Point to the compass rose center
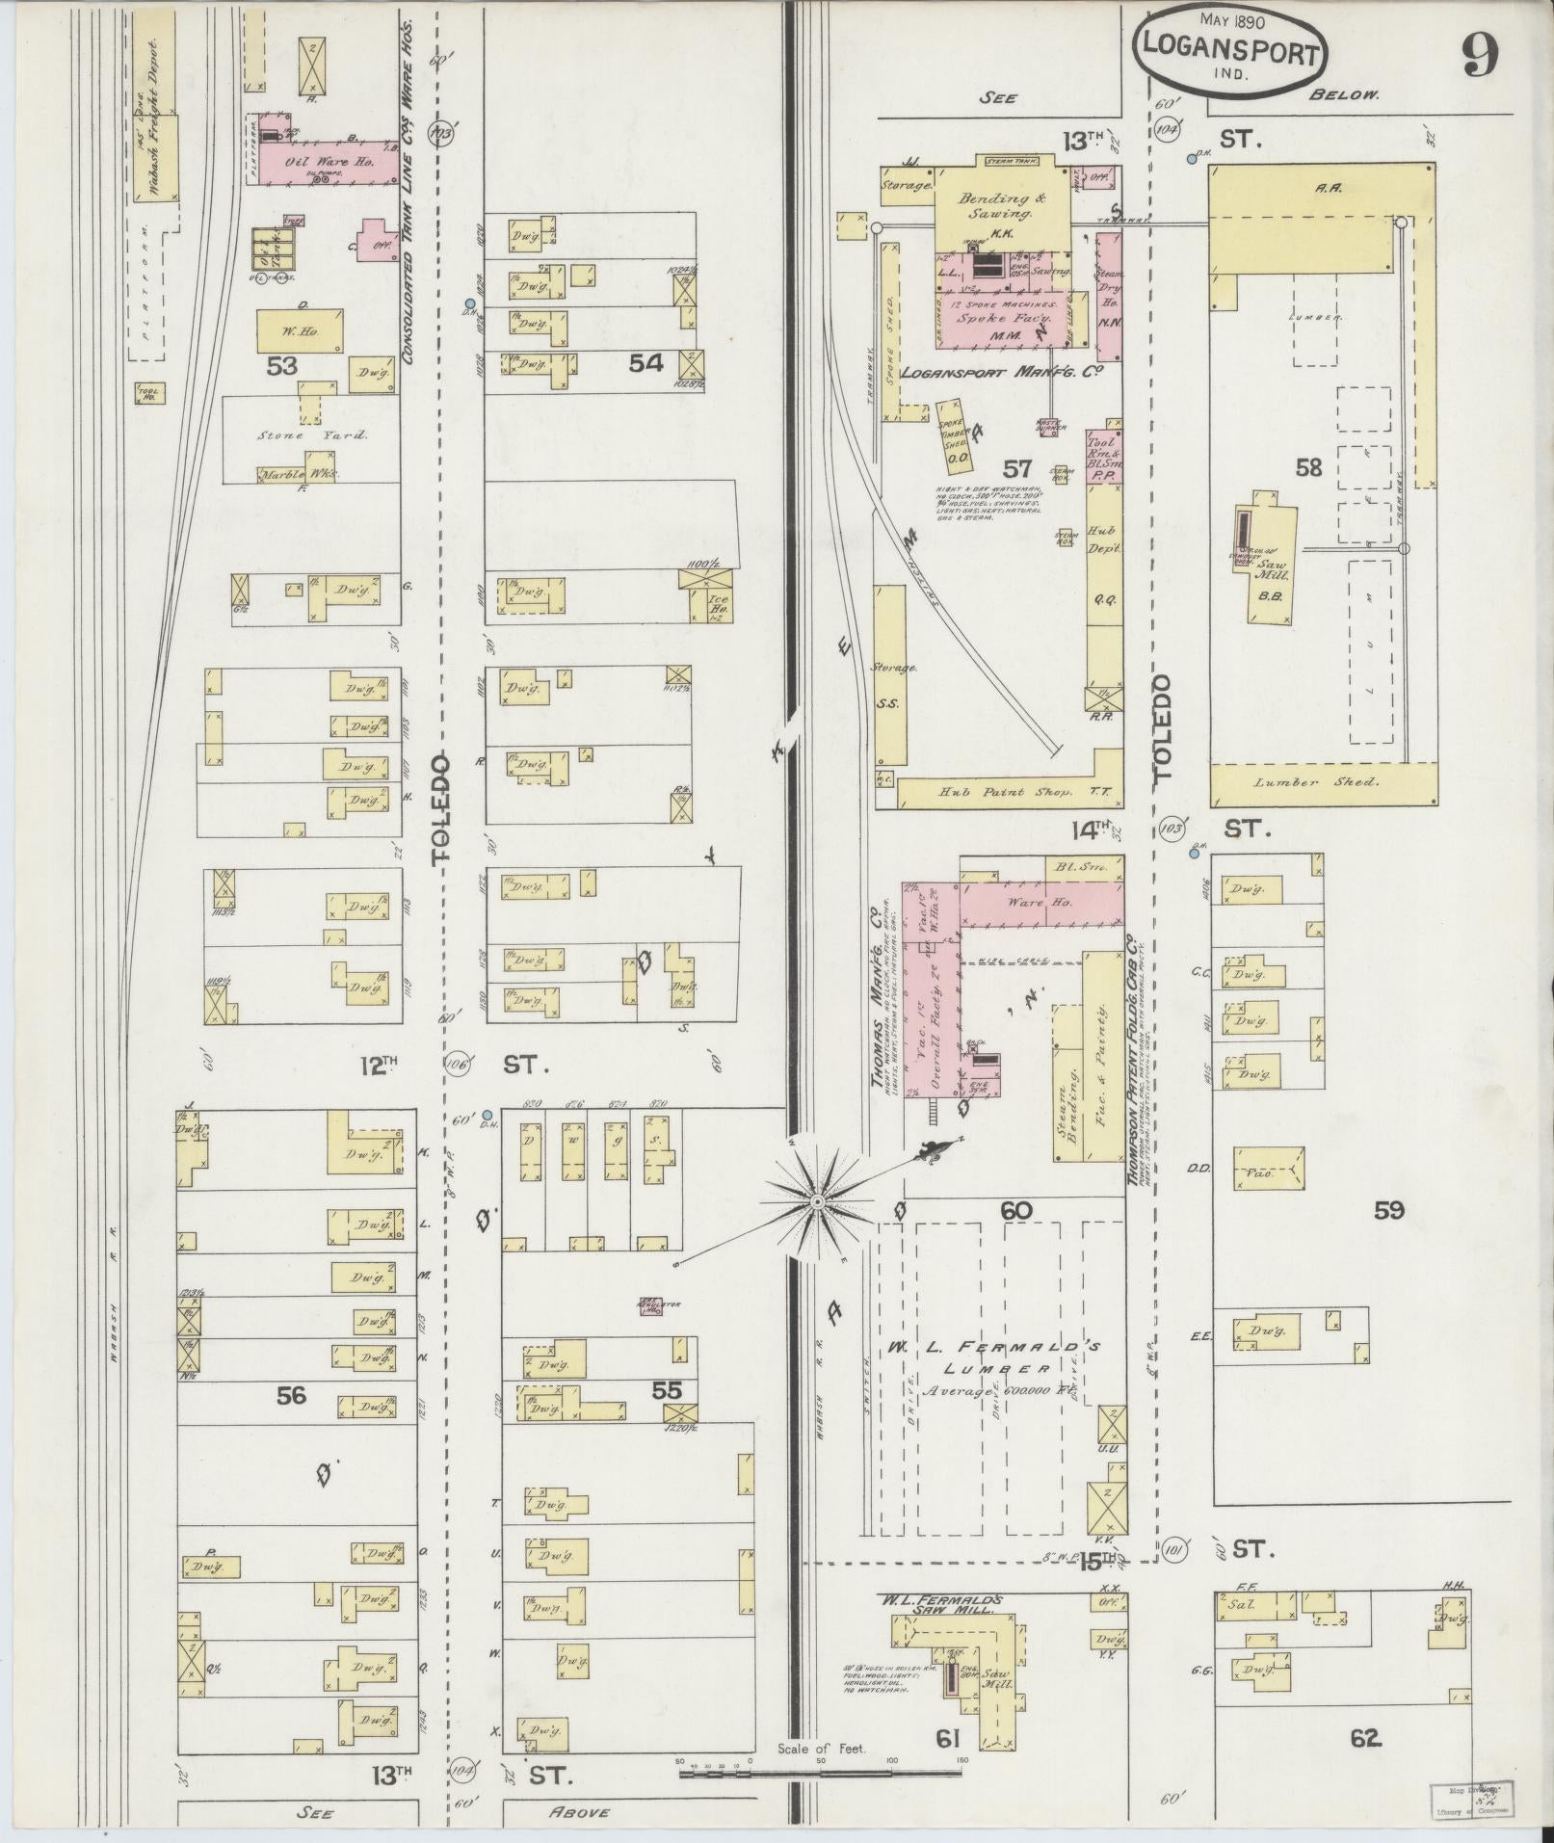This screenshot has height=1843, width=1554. pos(816,1202)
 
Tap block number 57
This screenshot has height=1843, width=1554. pos(1017,469)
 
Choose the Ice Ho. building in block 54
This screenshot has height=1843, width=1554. pos(717,604)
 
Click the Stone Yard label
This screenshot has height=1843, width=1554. pos(312,435)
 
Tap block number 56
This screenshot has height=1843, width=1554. pos(291,1394)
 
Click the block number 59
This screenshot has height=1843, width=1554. pos(1388,1210)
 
